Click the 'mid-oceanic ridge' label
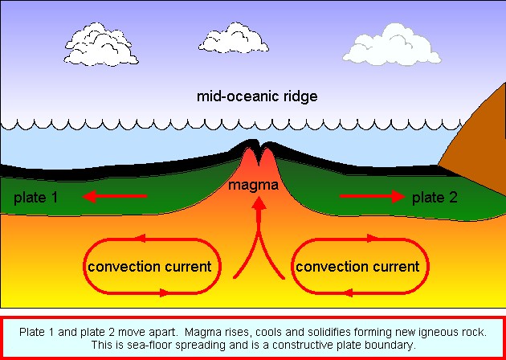coord(257,96)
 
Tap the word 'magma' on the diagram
coord(253,186)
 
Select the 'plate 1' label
coord(35,197)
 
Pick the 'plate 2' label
coord(435,197)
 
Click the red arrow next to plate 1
coord(115,196)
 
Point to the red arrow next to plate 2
coord(373,196)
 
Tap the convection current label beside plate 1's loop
coord(149,267)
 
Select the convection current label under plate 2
coord(357,267)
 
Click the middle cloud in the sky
coord(234,39)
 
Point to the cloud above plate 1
coord(100,44)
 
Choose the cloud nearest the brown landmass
coord(392,44)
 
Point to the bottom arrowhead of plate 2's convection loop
coord(348,292)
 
